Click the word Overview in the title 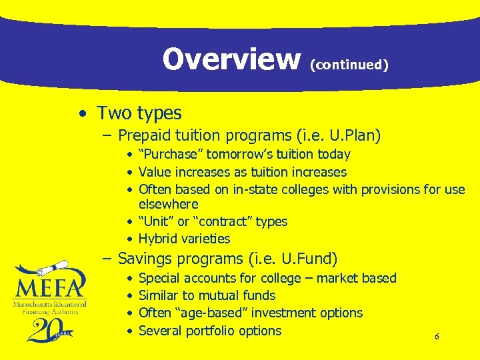pos(231,59)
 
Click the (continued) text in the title pos(349,65)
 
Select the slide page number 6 pos(437,337)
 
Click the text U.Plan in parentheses pos(354,135)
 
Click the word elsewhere pos(168,203)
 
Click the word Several pos(161,331)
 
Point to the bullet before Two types pos(80,114)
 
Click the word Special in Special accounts pos(161,278)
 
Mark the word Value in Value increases pos(155,172)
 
